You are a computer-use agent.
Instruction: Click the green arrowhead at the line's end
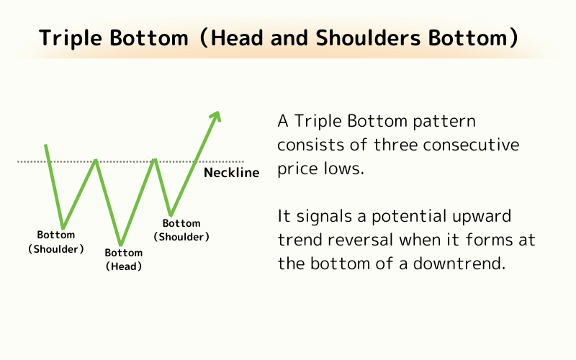click(x=216, y=116)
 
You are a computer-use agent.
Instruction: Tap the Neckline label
click(x=231, y=173)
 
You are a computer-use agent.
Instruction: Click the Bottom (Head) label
click(x=124, y=259)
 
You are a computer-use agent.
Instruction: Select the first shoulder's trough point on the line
click(x=63, y=228)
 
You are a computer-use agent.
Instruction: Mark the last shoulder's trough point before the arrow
click(x=170, y=214)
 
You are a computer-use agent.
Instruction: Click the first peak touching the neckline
click(x=95, y=160)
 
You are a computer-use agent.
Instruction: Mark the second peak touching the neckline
click(x=154, y=160)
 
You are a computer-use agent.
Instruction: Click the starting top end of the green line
click(x=46, y=145)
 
